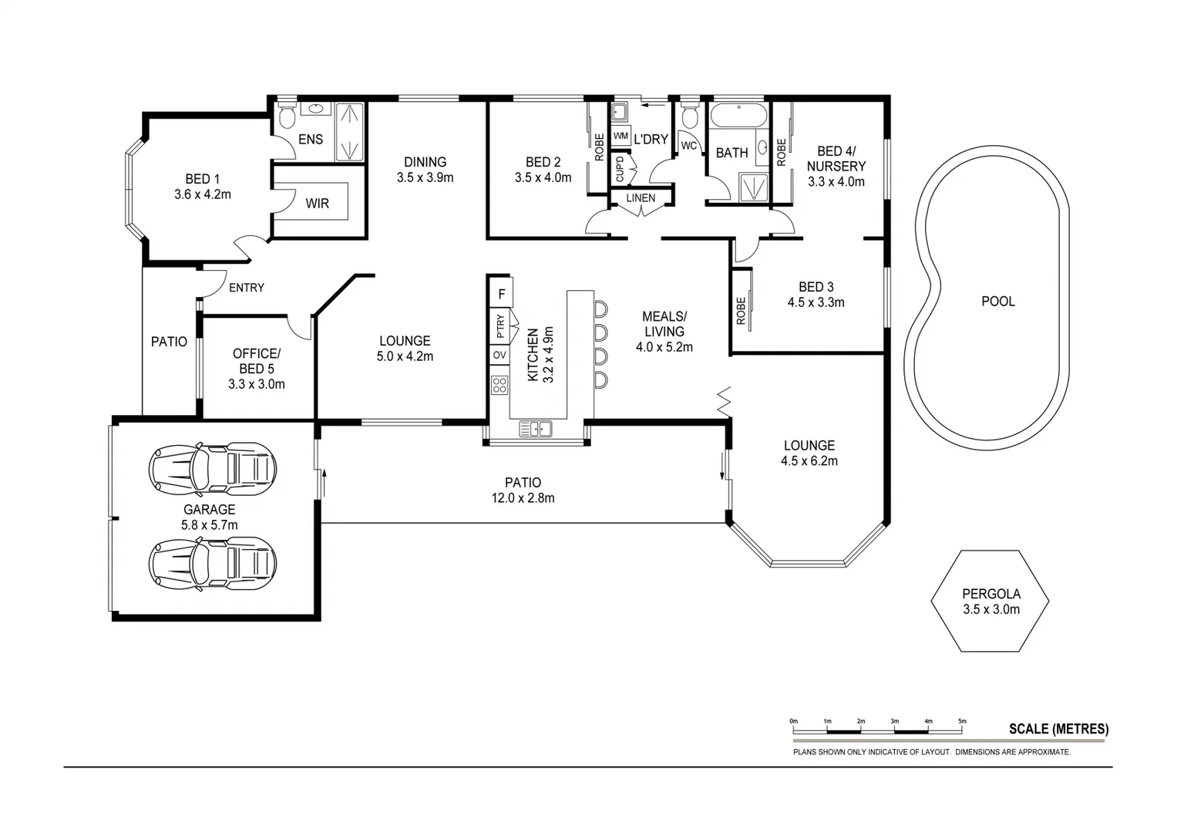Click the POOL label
tap(997, 302)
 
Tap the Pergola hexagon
tap(990, 601)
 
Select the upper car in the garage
tap(213, 468)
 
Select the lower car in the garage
tap(213, 564)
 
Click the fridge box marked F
tap(501, 294)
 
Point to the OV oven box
tap(499, 355)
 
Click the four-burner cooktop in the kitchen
tap(499, 384)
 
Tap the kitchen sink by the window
tap(535, 429)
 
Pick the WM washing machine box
tap(620, 136)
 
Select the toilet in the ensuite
tap(287, 117)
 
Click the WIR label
tap(317, 204)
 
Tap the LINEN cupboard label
tap(641, 198)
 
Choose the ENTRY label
tap(247, 288)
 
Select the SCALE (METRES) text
tap(1058, 729)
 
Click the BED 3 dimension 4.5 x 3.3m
tap(815, 302)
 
